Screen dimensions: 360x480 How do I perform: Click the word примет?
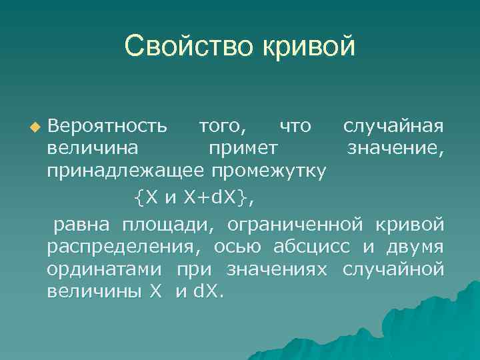(x=243, y=148)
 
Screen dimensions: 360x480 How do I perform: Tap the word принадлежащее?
(x=125, y=171)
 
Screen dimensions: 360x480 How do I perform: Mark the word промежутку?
(x=269, y=171)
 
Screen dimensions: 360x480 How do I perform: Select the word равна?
(x=78, y=223)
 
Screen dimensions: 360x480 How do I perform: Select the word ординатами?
(x=107, y=269)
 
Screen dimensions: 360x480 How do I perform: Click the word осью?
(x=239, y=246)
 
